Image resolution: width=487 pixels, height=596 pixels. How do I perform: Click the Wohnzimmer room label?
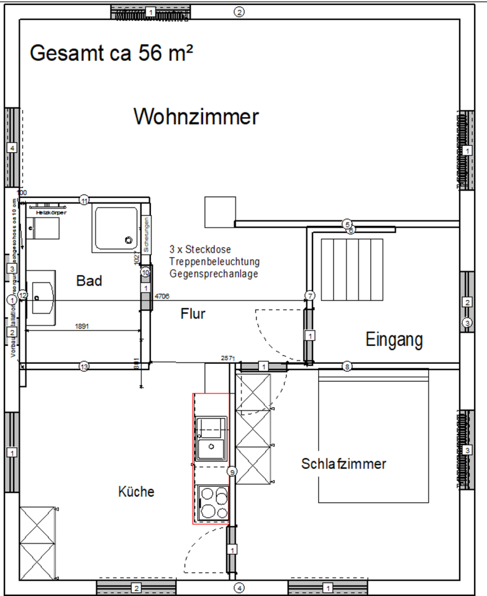tap(196, 116)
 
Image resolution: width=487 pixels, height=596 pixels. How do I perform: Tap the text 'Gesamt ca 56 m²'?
tap(111, 53)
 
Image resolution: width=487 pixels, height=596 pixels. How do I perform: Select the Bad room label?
tap(89, 281)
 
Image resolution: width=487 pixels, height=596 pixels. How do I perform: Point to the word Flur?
tap(193, 314)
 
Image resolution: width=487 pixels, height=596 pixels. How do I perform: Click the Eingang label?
tap(394, 340)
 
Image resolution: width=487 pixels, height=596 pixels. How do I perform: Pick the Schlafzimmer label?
tap(344, 464)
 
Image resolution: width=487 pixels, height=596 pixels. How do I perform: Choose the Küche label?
tap(136, 492)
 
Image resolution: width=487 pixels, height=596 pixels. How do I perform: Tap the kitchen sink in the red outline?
tap(211, 440)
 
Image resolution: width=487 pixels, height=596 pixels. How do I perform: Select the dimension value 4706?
tap(162, 296)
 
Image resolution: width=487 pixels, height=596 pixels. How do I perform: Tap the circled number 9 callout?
tap(232, 472)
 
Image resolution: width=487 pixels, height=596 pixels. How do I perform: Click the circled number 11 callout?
tap(84, 200)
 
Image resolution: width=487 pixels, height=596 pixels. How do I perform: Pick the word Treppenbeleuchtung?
tap(214, 261)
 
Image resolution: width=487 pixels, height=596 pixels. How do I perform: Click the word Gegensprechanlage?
tap(213, 273)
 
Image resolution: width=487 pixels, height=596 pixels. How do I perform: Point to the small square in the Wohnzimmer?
tap(220, 212)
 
